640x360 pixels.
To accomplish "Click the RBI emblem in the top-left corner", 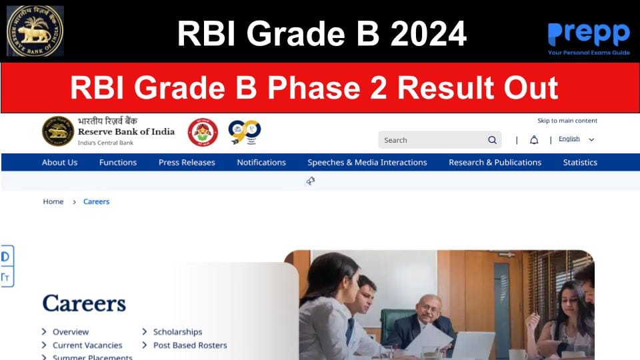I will click(x=35, y=31).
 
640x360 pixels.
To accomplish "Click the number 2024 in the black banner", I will click(x=428, y=33).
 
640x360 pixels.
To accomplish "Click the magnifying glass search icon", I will click(x=492, y=140).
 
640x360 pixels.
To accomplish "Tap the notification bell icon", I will click(x=534, y=140).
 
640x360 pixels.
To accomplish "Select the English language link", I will click(x=569, y=139).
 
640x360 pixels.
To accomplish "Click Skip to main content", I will click(x=567, y=121).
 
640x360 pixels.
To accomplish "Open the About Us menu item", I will click(x=59, y=162).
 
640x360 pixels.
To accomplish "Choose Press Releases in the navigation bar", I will click(x=187, y=162).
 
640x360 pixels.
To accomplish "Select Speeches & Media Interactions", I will click(x=367, y=162).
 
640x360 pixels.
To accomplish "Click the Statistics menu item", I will click(x=580, y=162).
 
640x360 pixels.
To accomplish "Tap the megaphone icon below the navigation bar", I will click(x=311, y=181).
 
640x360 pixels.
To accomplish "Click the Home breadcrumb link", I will click(x=53, y=201).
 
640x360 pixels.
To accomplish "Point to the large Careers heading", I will click(x=84, y=303).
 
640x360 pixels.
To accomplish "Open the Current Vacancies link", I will click(x=87, y=345).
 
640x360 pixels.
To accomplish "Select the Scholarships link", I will click(x=177, y=332).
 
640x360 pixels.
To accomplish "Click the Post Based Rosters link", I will click(x=190, y=345).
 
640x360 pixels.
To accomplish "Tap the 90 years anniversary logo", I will click(x=244, y=132).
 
